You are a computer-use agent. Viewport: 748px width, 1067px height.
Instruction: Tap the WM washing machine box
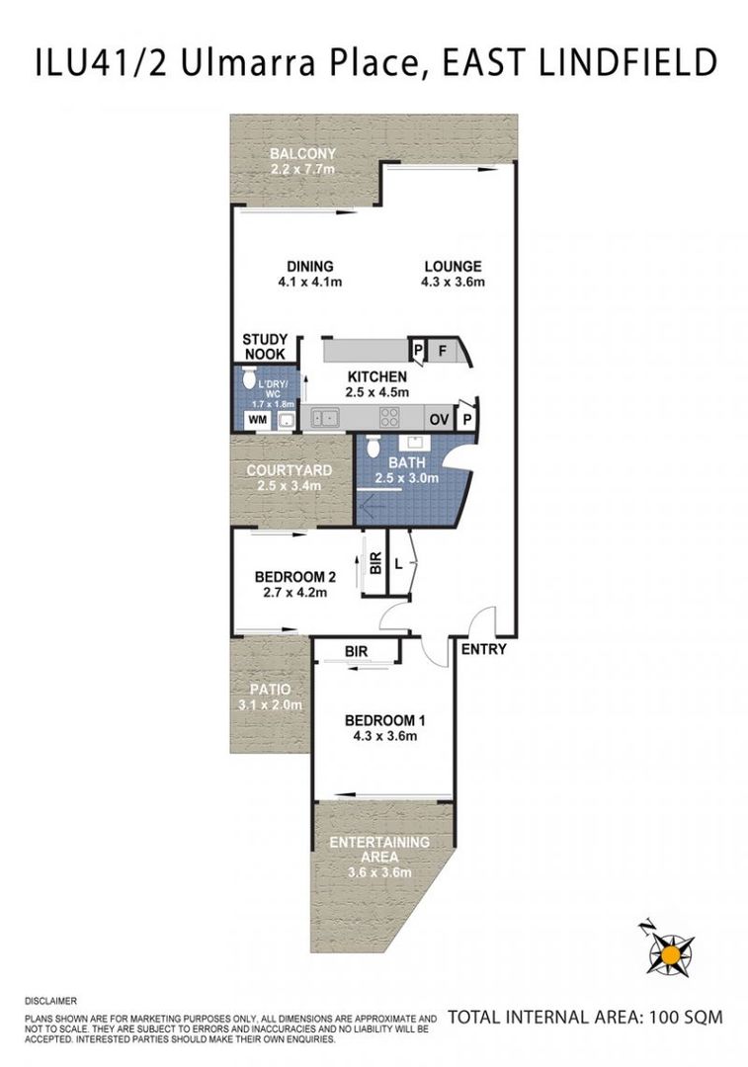257,420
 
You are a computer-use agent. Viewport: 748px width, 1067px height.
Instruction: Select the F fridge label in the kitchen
441,350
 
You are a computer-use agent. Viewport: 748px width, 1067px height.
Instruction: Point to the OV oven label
439,419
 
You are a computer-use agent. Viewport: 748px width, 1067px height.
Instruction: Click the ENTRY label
483,649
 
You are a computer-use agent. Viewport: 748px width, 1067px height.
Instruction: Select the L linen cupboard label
398,564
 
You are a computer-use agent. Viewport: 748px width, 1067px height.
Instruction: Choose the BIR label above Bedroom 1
357,652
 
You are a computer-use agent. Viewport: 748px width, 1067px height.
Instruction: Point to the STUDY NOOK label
265,347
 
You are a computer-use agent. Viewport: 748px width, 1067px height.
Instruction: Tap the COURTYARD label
290,470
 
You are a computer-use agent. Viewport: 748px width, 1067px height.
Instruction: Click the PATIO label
270,690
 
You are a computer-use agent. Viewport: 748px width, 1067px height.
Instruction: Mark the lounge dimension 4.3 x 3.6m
453,283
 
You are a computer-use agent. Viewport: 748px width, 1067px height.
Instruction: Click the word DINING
309,266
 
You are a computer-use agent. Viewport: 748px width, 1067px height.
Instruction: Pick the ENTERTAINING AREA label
378,850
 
